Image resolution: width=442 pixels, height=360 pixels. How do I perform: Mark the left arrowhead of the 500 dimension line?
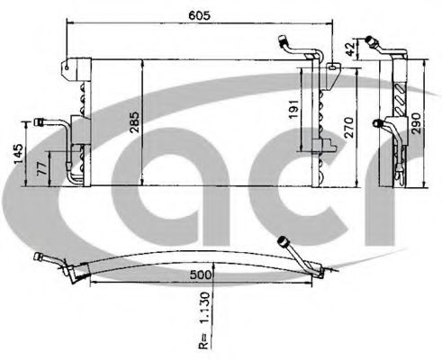(95, 280)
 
